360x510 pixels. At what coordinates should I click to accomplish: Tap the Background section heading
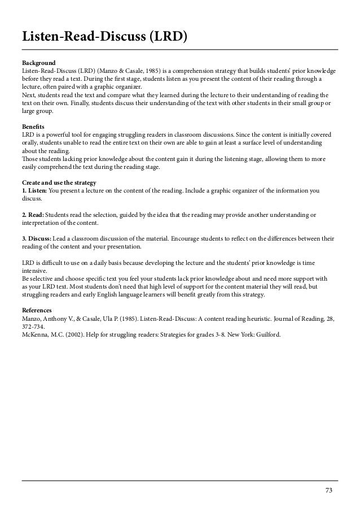coord(38,63)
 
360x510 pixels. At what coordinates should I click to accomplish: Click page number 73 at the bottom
coord(329,490)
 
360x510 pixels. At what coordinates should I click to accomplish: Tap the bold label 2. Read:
coord(33,215)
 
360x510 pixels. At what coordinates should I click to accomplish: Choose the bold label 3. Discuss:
coord(37,239)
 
